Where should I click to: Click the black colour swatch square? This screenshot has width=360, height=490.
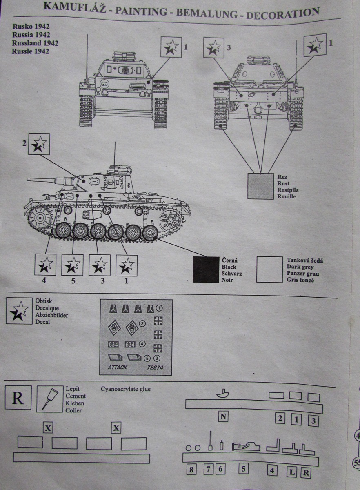pos(206,269)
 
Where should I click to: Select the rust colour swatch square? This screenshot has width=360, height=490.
pos(260,186)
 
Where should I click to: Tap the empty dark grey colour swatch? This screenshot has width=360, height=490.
pos(269,269)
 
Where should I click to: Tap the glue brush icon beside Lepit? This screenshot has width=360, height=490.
pos(50,398)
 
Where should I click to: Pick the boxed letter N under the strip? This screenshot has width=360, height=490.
pos(223,416)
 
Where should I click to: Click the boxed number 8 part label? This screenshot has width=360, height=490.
pos(191,470)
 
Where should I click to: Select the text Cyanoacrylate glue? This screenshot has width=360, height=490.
pos(126,389)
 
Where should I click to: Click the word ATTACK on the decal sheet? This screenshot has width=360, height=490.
pos(117,367)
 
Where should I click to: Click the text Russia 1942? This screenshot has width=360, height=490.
pos(31,35)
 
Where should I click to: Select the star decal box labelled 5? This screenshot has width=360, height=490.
pos(72,265)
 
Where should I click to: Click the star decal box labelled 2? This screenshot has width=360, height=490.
pos(39,144)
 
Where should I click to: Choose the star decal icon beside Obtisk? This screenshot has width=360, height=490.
pos(20,312)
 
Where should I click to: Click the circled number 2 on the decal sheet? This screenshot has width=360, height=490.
pos(142,324)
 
